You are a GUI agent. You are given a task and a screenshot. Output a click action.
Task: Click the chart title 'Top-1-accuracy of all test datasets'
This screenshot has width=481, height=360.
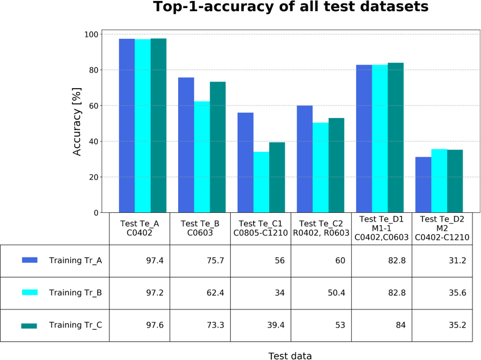pos(291,8)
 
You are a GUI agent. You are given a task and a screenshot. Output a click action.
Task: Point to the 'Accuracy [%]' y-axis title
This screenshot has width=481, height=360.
pos(77,121)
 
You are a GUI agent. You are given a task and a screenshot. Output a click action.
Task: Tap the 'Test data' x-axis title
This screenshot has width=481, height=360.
pos(290,356)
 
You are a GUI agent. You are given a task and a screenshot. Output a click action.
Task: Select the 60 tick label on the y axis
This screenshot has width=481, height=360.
pos(93,106)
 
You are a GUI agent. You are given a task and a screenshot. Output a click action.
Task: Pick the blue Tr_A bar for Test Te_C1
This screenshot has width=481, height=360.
pos(245,163)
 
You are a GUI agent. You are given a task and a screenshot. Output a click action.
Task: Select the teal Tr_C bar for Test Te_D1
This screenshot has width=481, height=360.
pos(395,137)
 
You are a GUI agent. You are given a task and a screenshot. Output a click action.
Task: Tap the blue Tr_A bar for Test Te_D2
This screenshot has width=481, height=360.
pos(423,185)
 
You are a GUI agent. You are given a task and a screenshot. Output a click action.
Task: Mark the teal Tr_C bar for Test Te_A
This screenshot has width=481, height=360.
pos(158,125)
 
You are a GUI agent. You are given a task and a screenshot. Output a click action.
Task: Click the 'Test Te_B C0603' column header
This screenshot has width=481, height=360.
pos(200,229)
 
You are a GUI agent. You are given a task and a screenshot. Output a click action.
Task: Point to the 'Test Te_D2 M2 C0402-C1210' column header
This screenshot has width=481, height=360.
pos(442,228)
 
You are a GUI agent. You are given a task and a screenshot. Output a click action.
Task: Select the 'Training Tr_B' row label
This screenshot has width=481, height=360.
pos(75,293)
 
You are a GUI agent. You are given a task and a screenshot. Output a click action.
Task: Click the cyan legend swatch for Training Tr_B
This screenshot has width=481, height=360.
pos(30,292)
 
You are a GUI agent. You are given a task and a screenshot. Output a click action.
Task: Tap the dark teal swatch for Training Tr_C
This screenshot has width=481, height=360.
pos(29,325)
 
